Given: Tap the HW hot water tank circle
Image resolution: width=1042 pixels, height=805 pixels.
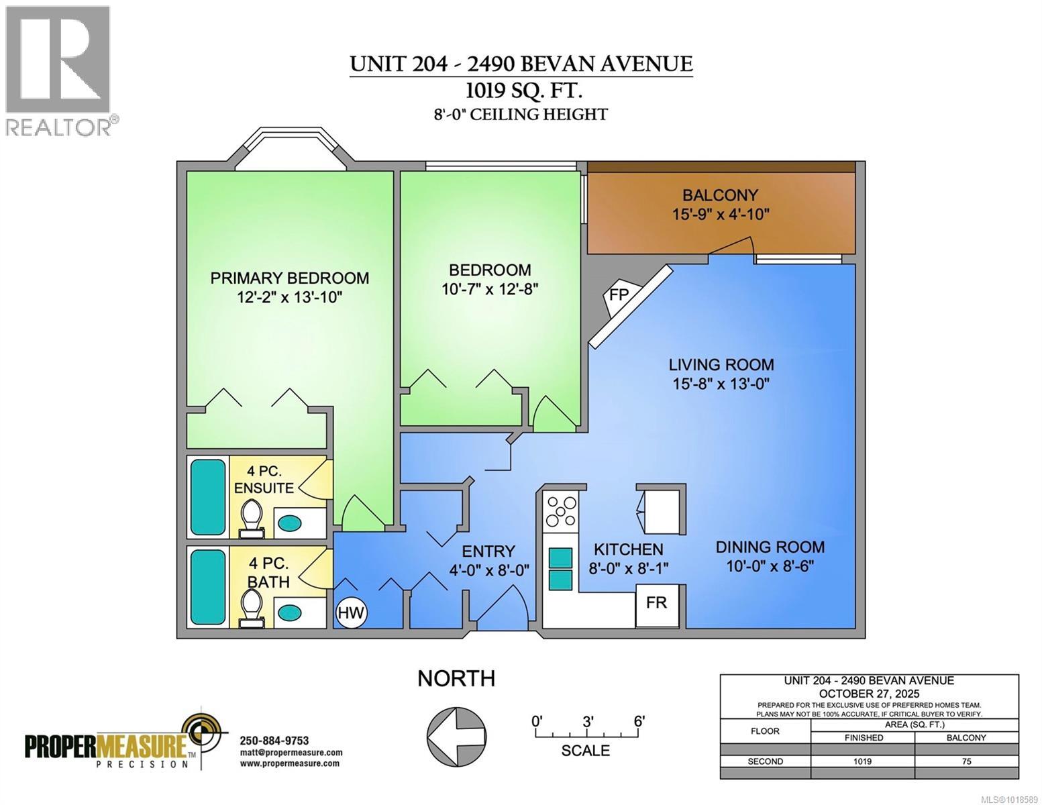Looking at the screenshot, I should coord(351,612).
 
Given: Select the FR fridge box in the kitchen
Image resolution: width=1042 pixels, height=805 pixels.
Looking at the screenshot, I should coord(656,603).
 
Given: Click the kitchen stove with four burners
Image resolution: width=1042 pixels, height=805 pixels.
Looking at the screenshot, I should coord(561,511).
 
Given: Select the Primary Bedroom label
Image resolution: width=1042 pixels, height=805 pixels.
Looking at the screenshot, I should coord(289,278).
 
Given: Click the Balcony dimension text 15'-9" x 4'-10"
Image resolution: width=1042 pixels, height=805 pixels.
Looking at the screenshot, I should coord(720,215).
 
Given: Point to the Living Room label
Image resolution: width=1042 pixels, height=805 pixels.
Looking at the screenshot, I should coord(721,365).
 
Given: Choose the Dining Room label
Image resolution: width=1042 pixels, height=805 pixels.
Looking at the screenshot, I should coord(770,547).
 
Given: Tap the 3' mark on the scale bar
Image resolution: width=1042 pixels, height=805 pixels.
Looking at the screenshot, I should coord(588,722).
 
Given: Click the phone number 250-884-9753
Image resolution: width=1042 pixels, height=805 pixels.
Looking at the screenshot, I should coord(274,741).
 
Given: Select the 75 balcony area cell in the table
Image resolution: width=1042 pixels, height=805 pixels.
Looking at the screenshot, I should coord(966,761).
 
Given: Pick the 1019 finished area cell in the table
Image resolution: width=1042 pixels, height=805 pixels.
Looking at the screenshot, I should coord(862,761).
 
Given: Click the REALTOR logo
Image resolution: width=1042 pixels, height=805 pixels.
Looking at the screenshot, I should coord(58,70).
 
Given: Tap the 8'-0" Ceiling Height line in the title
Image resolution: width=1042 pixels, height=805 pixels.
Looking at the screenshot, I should coord(520,115).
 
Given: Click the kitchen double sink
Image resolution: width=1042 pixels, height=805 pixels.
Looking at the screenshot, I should coord(561,568).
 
